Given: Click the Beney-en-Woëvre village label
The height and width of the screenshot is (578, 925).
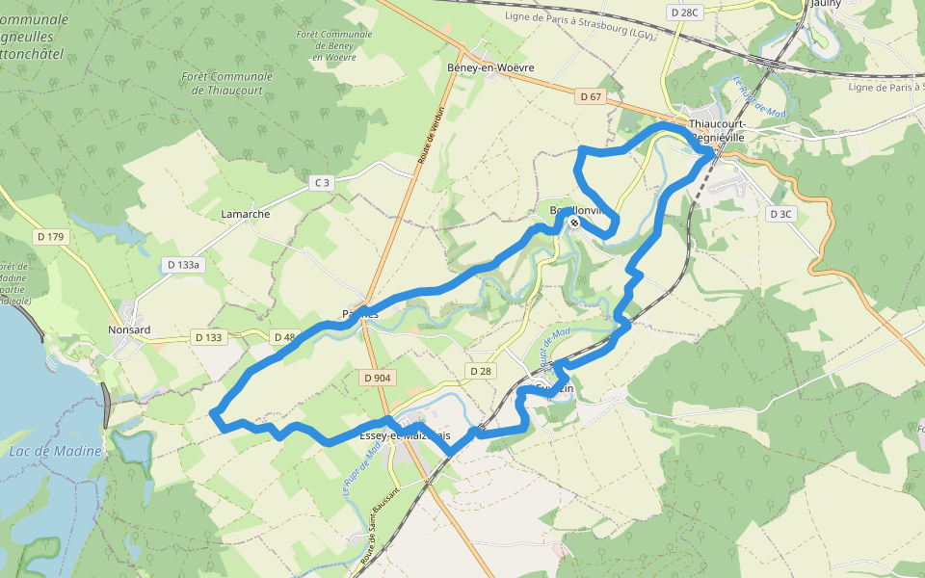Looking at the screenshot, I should click(490, 67).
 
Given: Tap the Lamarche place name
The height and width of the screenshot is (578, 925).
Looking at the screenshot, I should click(246, 214).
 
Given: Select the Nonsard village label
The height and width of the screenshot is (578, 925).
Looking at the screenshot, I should click(129, 329).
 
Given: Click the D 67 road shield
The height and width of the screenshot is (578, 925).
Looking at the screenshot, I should click(591, 97).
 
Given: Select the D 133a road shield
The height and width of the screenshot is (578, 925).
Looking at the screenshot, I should click(183, 264).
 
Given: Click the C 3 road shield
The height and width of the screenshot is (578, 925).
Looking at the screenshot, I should click(321, 182).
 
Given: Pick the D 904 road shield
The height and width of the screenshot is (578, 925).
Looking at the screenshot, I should click(378, 379).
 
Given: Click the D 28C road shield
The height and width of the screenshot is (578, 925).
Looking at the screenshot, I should click(682, 12).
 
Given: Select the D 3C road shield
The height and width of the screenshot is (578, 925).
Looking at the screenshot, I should click(780, 214).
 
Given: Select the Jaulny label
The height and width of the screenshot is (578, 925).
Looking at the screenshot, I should click(826, 4).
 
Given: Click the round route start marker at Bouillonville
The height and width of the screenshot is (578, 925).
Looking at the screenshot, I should click(574, 223).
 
